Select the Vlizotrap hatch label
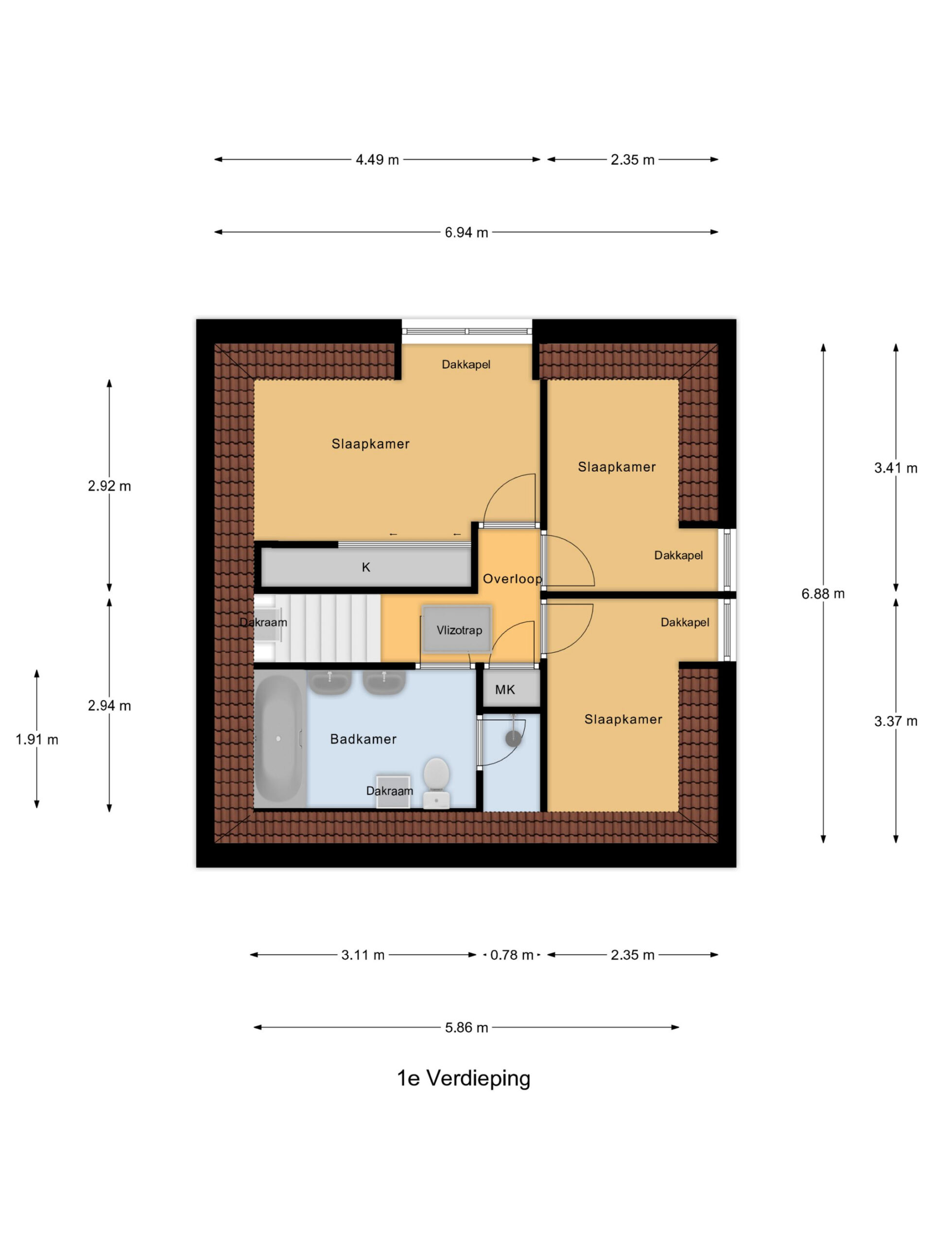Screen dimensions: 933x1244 (x=459, y=630)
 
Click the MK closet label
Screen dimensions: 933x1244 (x=504, y=690)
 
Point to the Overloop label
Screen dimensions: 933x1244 (x=512, y=579)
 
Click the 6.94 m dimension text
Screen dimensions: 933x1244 (x=466, y=232)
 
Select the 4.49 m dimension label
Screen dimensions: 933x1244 (x=377, y=160)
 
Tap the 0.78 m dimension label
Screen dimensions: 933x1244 (x=511, y=955)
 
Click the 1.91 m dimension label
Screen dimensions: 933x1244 (x=36, y=740)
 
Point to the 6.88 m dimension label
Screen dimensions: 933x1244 (x=823, y=594)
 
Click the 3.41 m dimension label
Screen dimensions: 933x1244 (x=895, y=468)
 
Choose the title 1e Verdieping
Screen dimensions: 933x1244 (x=464, y=1079)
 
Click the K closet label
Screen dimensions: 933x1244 (x=365, y=568)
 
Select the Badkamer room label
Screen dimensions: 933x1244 (x=363, y=739)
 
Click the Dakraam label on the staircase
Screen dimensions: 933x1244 (x=263, y=622)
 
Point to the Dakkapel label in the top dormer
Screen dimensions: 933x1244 (x=466, y=364)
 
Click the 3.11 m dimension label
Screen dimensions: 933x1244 (x=363, y=955)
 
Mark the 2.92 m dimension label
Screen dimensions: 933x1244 (x=109, y=486)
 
